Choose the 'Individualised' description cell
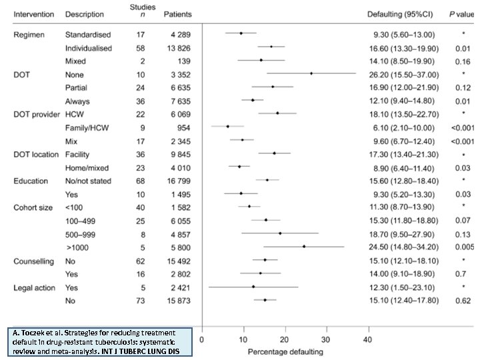coord(89,47)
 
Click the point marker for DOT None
coord(311,73)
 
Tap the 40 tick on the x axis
coord(367,339)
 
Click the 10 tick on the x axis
coord(243,339)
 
